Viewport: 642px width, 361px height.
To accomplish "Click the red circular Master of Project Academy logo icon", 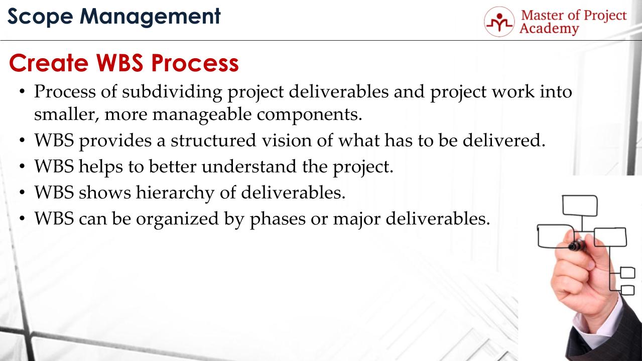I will click(x=498, y=21).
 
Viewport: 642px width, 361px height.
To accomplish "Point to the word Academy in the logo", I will click(x=549, y=29).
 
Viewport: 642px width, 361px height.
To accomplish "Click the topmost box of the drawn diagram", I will click(x=580, y=205).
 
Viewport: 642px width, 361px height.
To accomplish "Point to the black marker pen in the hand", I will click(x=577, y=246).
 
